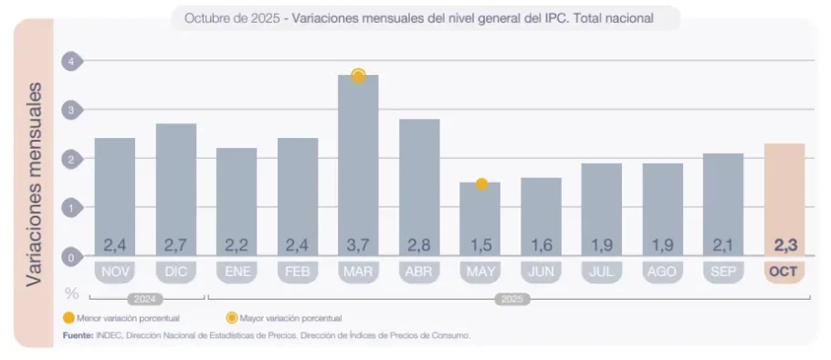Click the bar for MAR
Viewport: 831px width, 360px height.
point(358,164)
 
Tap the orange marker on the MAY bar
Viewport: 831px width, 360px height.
point(481,184)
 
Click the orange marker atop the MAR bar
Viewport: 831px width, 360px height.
point(358,76)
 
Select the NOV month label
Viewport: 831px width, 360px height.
point(114,271)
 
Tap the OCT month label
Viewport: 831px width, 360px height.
point(784,271)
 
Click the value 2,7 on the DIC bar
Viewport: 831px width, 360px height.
point(175,245)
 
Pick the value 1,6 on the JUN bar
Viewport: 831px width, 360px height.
point(541,245)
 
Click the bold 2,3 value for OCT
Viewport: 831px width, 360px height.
point(784,245)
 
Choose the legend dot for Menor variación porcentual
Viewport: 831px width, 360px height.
point(68,318)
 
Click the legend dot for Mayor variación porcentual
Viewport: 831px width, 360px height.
point(231,318)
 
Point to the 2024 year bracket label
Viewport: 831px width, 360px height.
point(144,298)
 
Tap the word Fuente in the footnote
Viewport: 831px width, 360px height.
point(77,335)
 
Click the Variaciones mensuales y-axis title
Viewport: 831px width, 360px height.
point(35,183)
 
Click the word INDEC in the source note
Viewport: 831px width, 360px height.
point(108,335)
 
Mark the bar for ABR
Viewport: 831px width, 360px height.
point(419,187)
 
